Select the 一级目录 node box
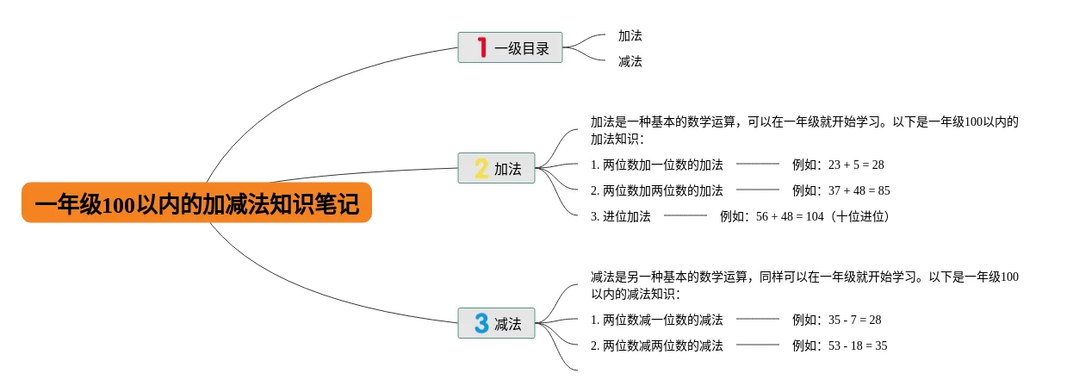(510, 48)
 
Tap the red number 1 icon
(481, 47)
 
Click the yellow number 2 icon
(481, 168)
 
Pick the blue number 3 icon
(481, 323)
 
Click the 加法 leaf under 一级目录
(630, 36)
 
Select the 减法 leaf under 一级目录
(630, 62)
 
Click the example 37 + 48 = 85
(840, 190)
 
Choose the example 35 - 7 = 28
(836, 320)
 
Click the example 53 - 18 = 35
(840, 345)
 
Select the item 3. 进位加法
(620, 216)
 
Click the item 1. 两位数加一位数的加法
(656, 165)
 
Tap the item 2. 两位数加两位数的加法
(656, 190)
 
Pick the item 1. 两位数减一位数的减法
(656, 320)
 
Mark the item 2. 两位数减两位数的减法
(656, 345)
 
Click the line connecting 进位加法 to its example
(685, 215)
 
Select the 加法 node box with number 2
(497, 168)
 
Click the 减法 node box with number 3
(497, 323)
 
